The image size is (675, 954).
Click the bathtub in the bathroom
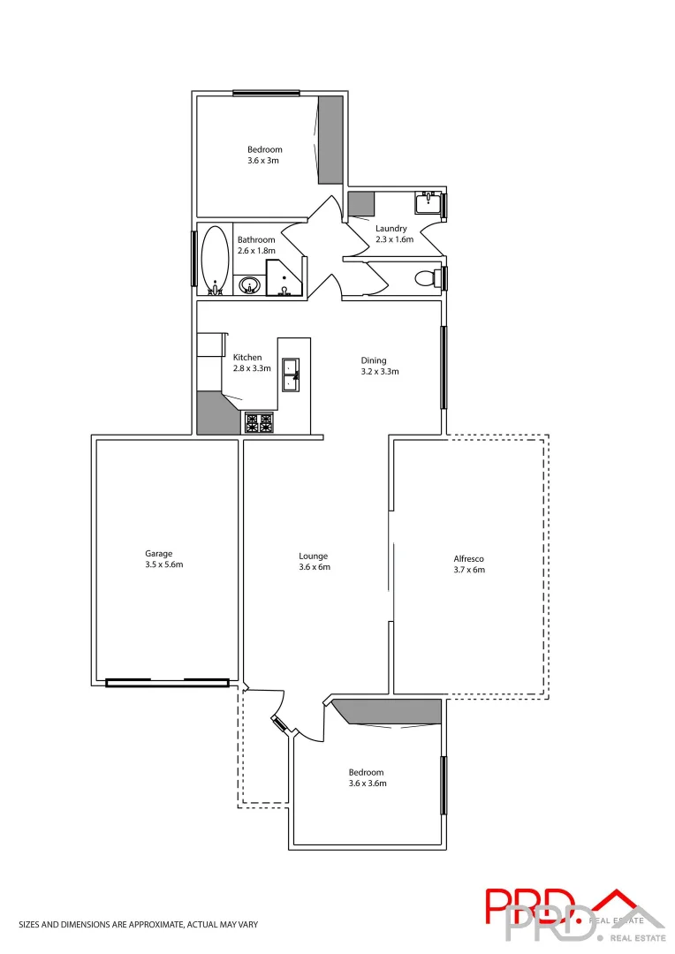215,260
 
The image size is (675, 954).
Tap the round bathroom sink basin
250,285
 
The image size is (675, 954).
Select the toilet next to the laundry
425,278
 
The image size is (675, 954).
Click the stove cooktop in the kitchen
260,423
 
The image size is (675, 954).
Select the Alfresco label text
468,559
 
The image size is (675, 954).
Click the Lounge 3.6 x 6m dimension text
315,567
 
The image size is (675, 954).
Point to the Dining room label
374,360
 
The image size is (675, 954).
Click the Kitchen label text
247,358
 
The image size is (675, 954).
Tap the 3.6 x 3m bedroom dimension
264,161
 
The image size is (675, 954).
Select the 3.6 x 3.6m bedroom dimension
367,783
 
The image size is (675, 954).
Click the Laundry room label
391,229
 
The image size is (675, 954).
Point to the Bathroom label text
256,239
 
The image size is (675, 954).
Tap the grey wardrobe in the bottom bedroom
389,710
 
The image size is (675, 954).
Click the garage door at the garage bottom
167,682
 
